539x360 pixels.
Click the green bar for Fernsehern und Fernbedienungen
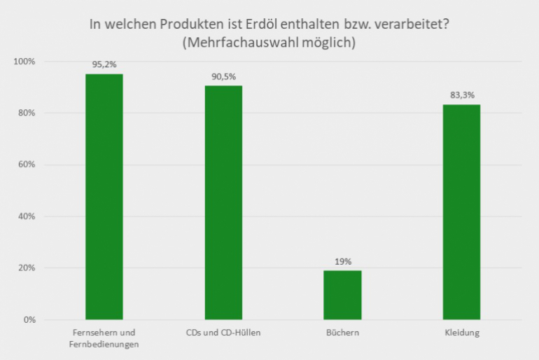tap(104, 197)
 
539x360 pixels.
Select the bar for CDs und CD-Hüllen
tap(223, 202)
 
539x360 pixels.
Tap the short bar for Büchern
tap(342, 295)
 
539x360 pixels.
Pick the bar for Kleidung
tap(461, 212)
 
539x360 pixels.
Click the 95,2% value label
tap(104, 64)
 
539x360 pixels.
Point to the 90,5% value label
tap(223, 76)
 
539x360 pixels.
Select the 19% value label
tap(342, 261)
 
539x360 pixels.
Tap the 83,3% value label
tap(461, 95)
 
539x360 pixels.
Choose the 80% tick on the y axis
tap(26, 113)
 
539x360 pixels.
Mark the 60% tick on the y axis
tap(26, 165)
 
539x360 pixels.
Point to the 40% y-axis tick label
tap(26, 216)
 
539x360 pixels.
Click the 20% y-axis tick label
tap(26, 268)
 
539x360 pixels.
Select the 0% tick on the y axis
tap(28, 320)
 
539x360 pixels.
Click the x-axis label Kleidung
tap(461, 333)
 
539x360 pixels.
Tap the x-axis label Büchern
tap(342, 333)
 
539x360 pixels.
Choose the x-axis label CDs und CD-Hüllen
tap(223, 333)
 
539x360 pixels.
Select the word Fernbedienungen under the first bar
tap(104, 343)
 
